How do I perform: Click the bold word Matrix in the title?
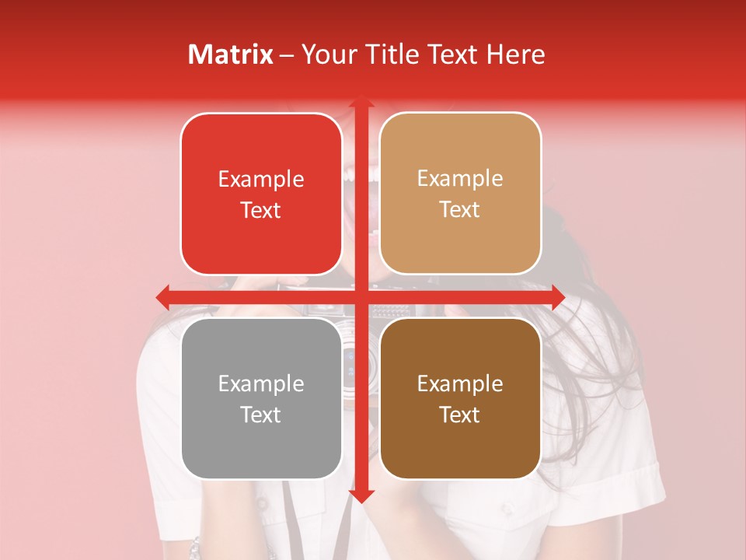tap(231, 54)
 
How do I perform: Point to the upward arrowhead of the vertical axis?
tap(361, 102)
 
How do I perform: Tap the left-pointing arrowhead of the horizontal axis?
tap(162, 297)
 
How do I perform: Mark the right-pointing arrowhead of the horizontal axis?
tap(558, 297)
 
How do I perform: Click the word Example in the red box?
tap(261, 180)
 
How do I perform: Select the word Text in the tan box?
tap(460, 210)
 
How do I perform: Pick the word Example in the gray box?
tap(261, 384)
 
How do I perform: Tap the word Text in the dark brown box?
tap(460, 415)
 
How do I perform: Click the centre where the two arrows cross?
tap(361, 297)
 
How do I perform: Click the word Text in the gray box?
tap(261, 415)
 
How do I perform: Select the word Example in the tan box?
tap(460, 179)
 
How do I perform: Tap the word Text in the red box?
tap(261, 210)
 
